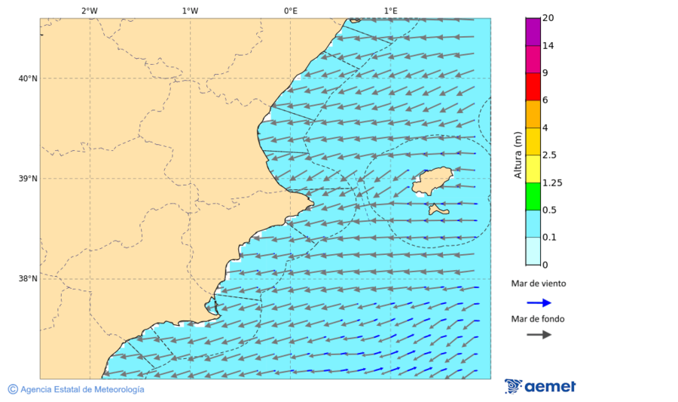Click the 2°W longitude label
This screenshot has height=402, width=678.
(x=89, y=11)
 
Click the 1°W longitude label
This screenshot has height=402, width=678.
(x=190, y=11)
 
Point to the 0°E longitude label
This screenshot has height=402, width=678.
(x=290, y=11)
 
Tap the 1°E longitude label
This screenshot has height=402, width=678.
(x=391, y=11)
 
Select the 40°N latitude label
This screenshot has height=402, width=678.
(x=28, y=78)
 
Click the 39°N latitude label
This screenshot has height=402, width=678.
(x=28, y=179)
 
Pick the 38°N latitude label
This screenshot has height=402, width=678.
(x=28, y=279)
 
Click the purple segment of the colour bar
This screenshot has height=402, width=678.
(x=533, y=32)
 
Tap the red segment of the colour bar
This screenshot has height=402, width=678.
(x=533, y=87)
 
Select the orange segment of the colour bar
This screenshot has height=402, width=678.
(x=533, y=114)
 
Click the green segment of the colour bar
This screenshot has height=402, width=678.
(x=533, y=196)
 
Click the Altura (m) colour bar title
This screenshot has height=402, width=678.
(x=518, y=155)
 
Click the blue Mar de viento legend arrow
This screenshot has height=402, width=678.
(x=539, y=302)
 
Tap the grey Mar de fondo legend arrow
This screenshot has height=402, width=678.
(x=539, y=335)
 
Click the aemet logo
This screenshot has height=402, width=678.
(x=540, y=386)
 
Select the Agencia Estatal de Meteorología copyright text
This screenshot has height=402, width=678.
(x=76, y=389)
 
